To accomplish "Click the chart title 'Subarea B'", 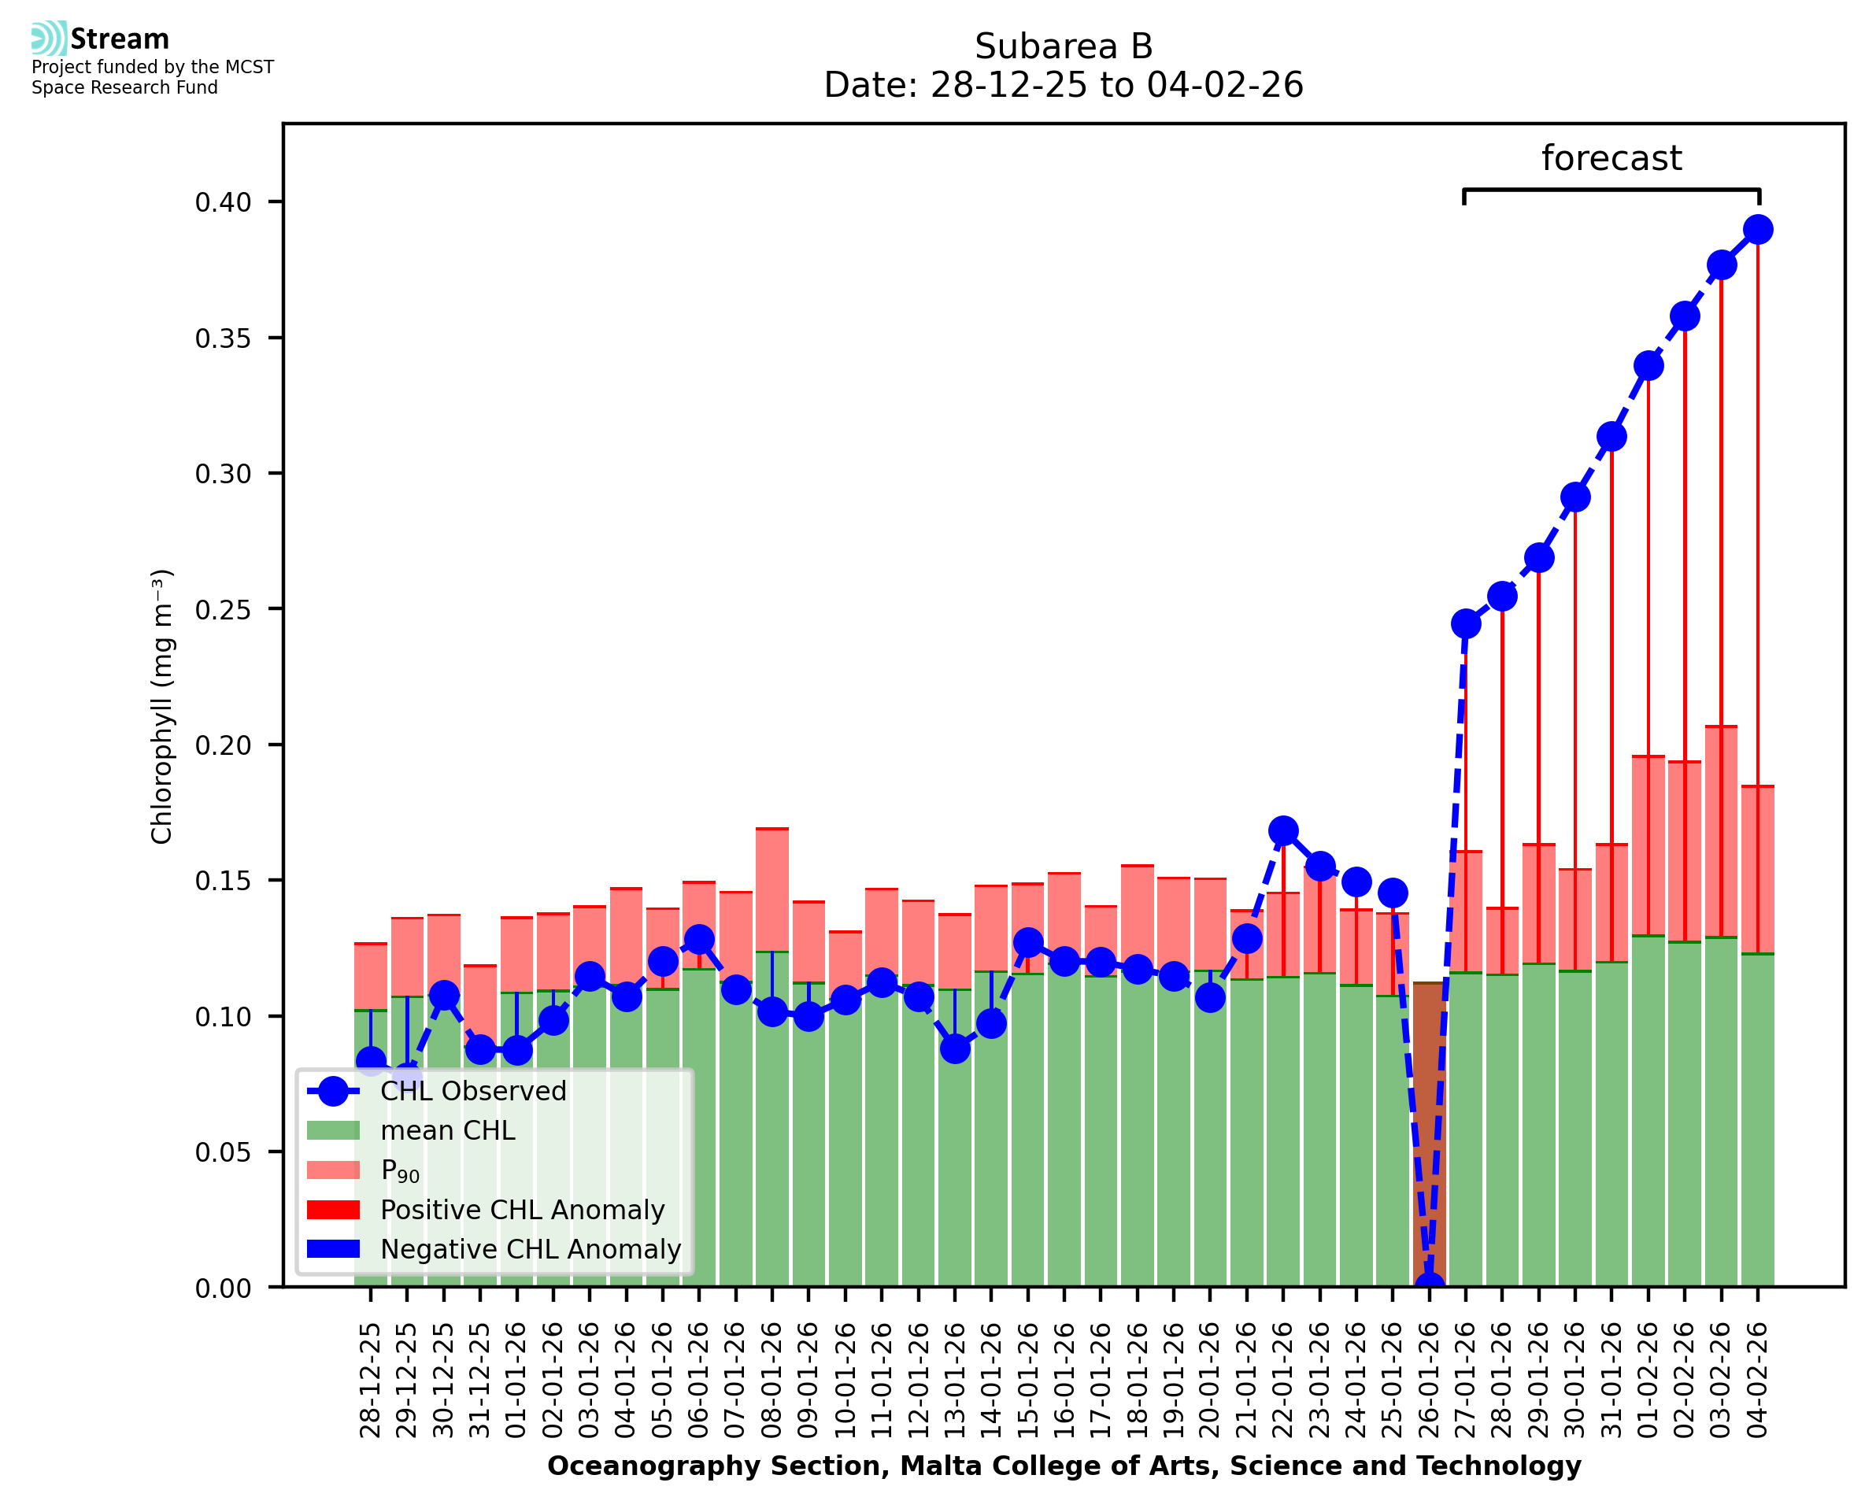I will click(1063, 46).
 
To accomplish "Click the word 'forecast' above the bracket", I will click(1611, 158).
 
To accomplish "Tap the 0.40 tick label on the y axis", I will click(223, 202).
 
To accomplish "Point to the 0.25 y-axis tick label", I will click(223, 610).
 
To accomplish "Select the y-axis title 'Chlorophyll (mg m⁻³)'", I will click(162, 706).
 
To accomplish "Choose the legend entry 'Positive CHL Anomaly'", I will click(522, 1210).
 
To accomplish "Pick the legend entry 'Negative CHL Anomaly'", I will click(530, 1249).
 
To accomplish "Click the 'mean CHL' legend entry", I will click(448, 1130).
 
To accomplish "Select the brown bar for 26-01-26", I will click(1428, 1133).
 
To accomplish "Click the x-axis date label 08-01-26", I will click(771, 1380).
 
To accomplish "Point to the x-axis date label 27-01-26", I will click(1465, 1380).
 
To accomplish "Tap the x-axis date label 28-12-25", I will click(370, 1380).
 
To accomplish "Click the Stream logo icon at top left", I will click(49, 39).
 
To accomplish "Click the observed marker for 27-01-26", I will click(1465, 623).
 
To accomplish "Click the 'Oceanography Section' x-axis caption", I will click(1063, 1466).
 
